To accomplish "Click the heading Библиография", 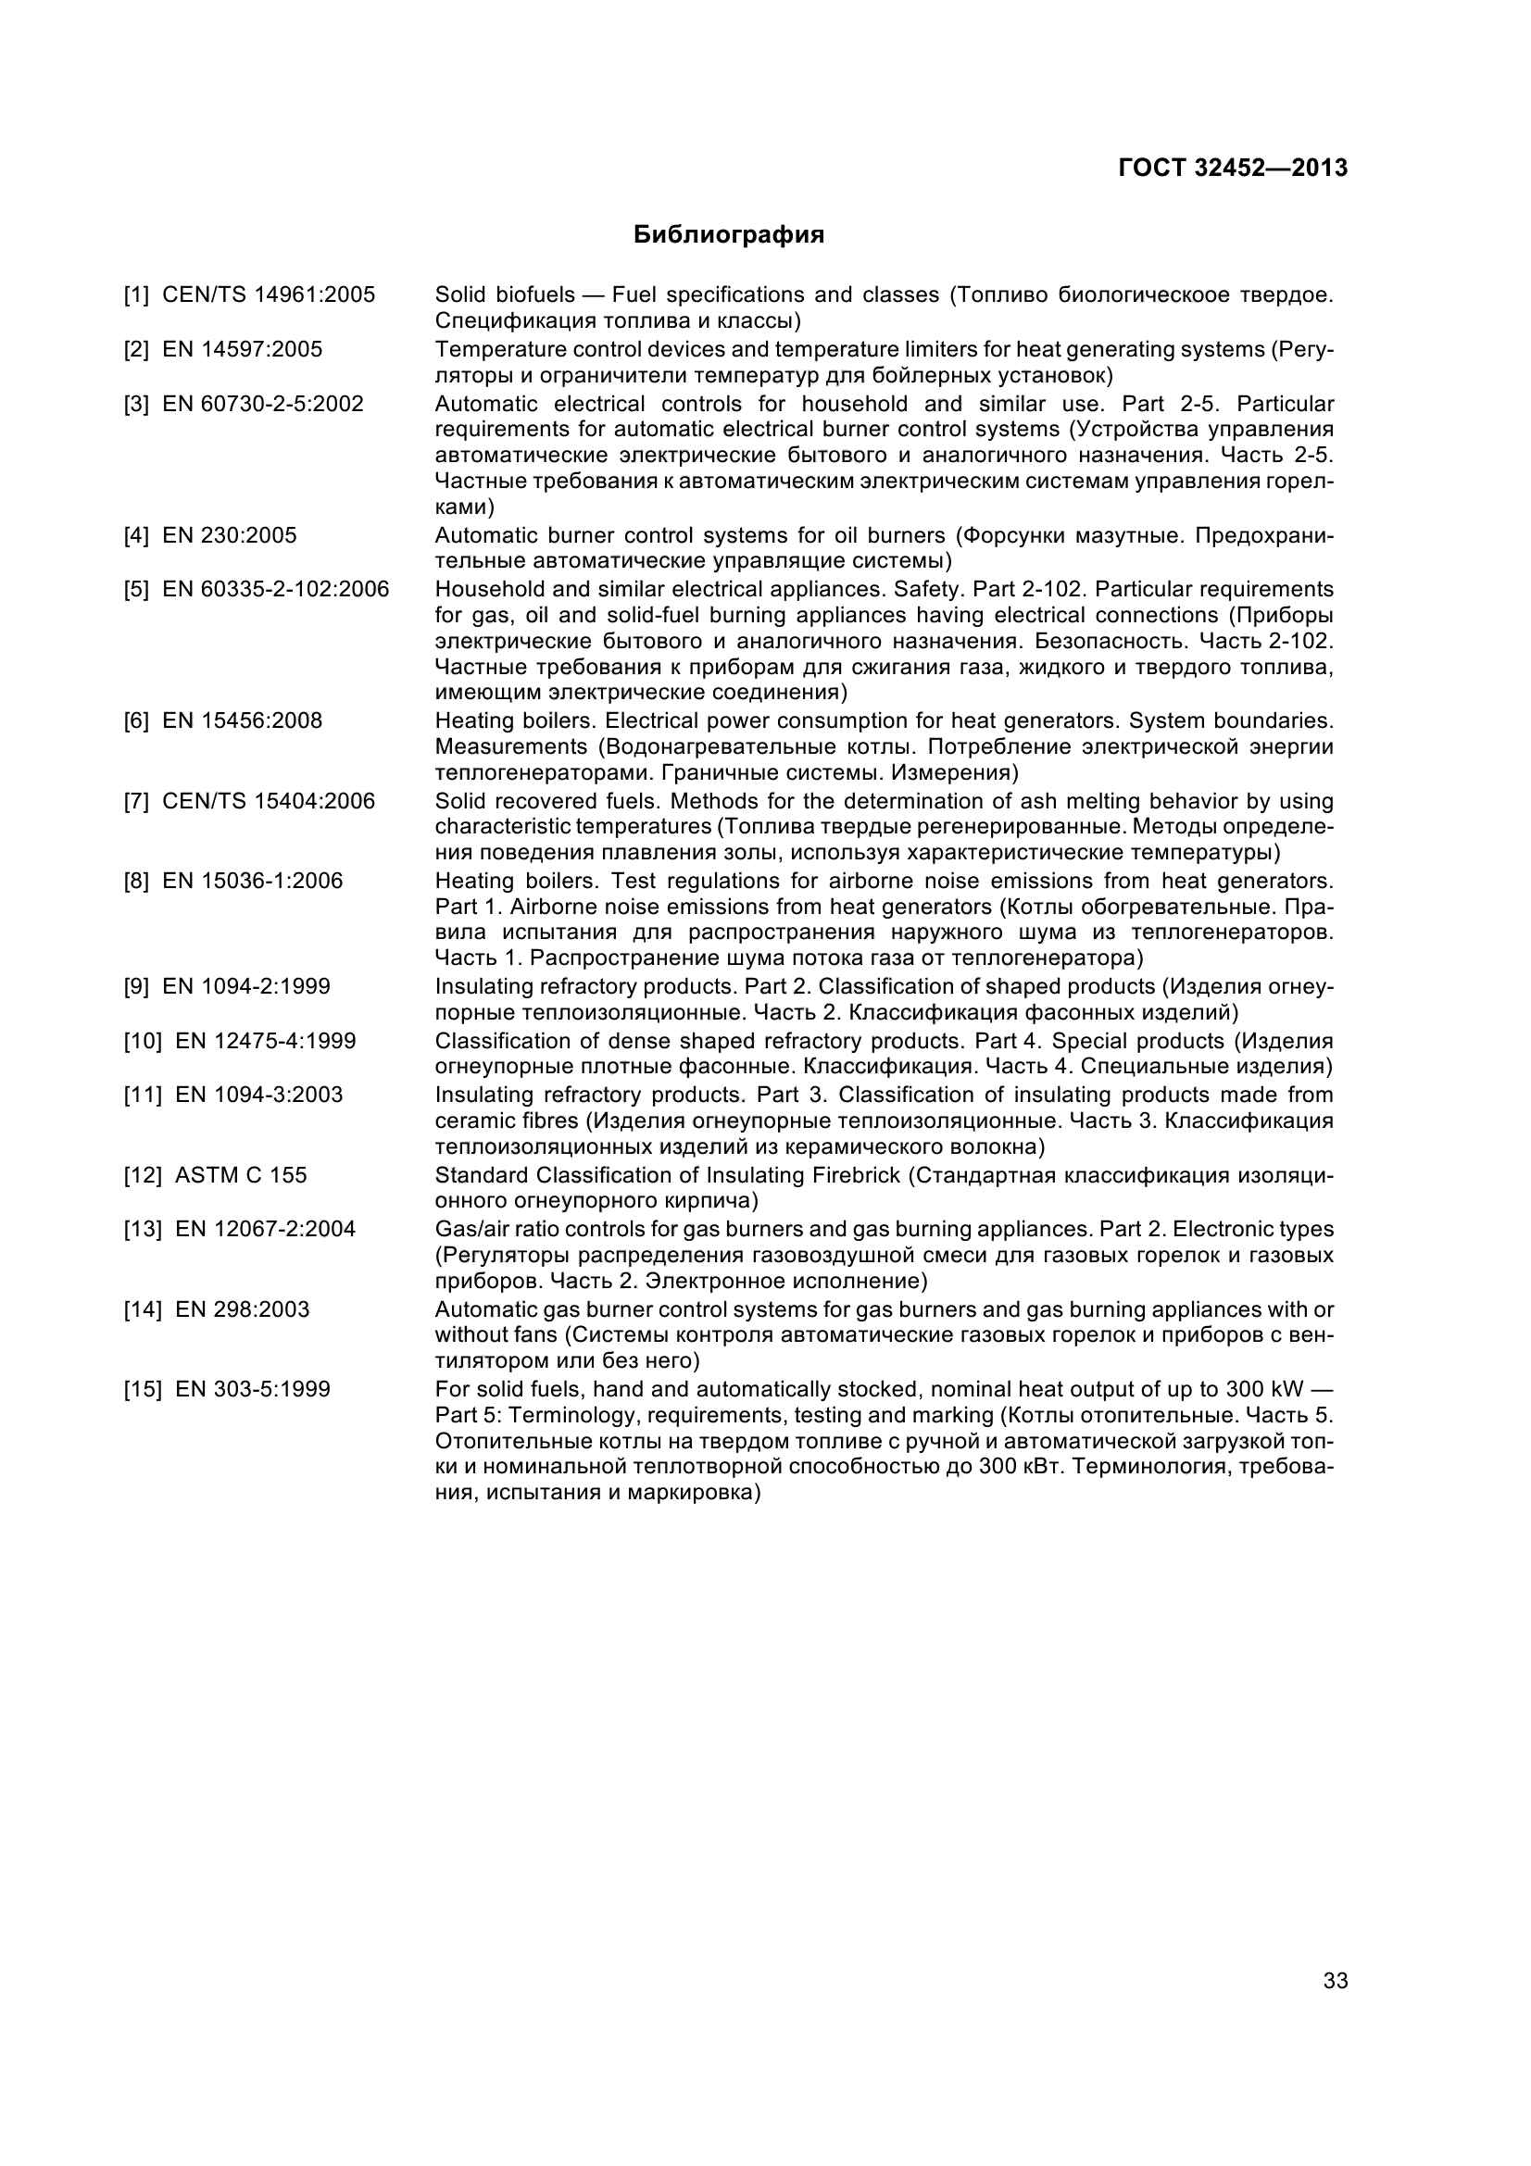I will pyautogui.click(x=728, y=235).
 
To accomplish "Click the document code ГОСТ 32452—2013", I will pyautogui.click(x=1232, y=168).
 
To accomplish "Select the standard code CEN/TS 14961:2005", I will pyautogui.click(x=268, y=295).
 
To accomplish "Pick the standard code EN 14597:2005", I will pyautogui.click(x=242, y=350).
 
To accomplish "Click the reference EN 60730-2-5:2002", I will pyautogui.click(x=262, y=405).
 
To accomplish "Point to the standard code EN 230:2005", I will pyautogui.click(x=229, y=536).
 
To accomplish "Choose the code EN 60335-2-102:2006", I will pyautogui.click(x=275, y=590).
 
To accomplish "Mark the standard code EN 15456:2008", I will pyautogui.click(x=242, y=720).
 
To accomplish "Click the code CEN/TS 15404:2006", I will pyautogui.click(x=268, y=802).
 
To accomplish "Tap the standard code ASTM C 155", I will pyautogui.click(x=241, y=1175).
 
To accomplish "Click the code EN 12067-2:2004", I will pyautogui.click(x=265, y=1229).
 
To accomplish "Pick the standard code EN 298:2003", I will pyautogui.click(x=242, y=1309).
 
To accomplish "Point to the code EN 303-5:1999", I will pyautogui.click(x=252, y=1390).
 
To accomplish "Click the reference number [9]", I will pyautogui.click(x=136, y=987).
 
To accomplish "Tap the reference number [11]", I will pyautogui.click(x=142, y=1096).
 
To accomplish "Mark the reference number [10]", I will pyautogui.click(x=142, y=1042).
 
